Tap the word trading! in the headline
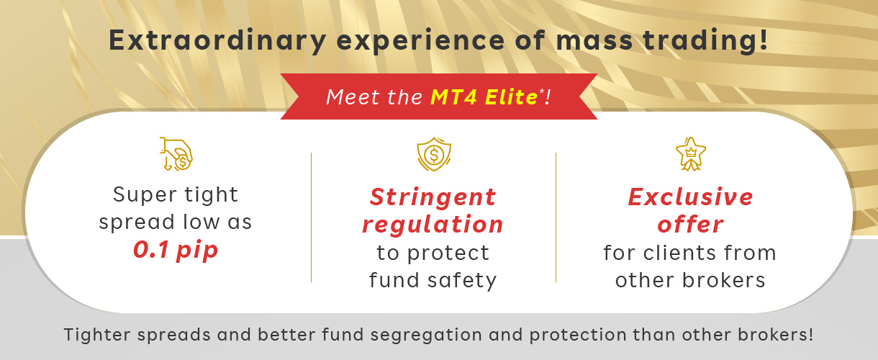click(x=705, y=41)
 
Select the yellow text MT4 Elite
click(x=484, y=97)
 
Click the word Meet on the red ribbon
click(x=353, y=97)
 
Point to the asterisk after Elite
click(x=542, y=91)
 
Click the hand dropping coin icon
click(x=176, y=154)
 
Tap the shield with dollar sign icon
click(x=433, y=154)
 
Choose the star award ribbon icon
click(x=691, y=154)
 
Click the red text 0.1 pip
click(x=175, y=250)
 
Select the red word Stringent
click(x=433, y=197)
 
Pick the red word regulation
click(x=433, y=225)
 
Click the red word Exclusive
click(x=691, y=197)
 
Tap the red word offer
click(x=691, y=225)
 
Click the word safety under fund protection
click(x=462, y=281)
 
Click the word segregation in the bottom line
click(x=426, y=336)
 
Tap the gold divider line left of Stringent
click(x=311, y=217)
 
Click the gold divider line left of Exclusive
click(x=556, y=217)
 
